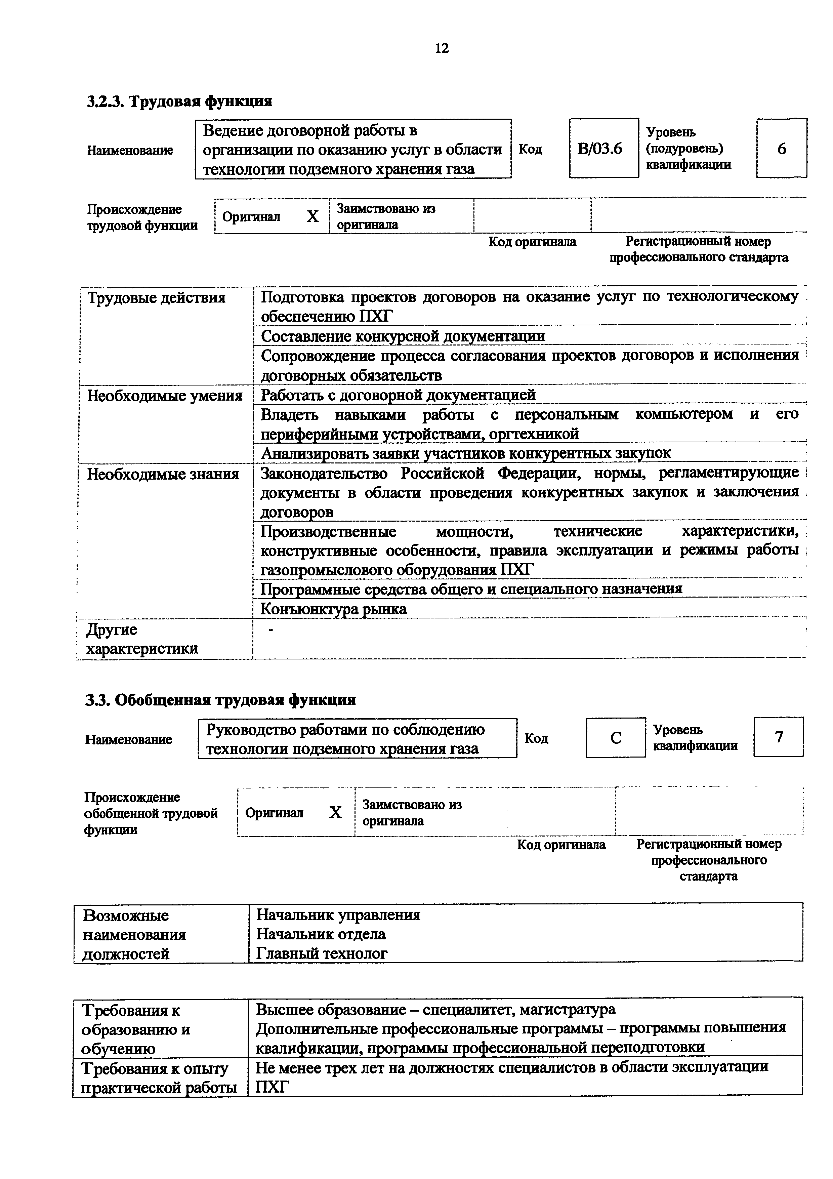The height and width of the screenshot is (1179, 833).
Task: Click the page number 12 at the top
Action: coord(442,48)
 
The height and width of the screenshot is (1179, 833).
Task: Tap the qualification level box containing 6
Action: coord(781,149)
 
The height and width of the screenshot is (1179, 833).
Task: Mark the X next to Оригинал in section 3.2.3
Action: coord(313,217)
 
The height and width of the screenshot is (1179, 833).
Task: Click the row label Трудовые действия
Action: coord(157,298)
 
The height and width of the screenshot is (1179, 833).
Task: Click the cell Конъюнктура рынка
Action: coord(334,609)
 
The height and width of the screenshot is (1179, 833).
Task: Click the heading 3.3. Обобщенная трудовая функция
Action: coord(221,700)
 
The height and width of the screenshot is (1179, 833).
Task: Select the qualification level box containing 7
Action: coord(779,737)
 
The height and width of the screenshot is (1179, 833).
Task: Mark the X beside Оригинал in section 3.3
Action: coord(335,812)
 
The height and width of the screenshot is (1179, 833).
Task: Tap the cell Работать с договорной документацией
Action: coord(398,395)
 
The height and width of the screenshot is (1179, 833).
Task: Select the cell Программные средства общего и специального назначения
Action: coord(471,589)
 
